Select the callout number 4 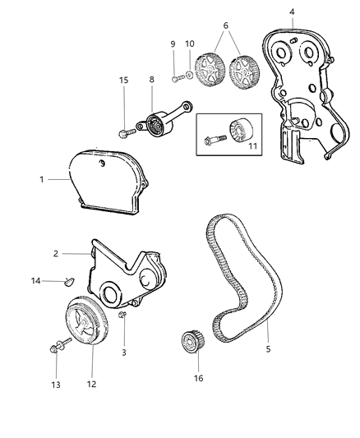pyautogui.click(x=291, y=11)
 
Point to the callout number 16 pyautogui.click(x=196, y=378)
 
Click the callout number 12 pyautogui.click(x=91, y=383)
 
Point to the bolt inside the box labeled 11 pyautogui.click(x=215, y=140)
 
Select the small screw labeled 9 pyautogui.click(x=177, y=78)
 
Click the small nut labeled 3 pyautogui.click(x=122, y=316)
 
